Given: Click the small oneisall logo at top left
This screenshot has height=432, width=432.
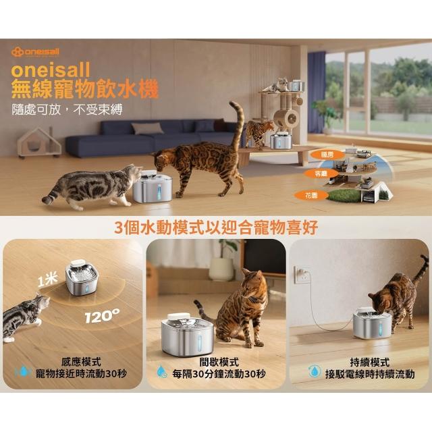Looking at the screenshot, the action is [x=35, y=52].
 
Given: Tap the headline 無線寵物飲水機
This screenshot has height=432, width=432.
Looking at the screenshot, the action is [x=85, y=88].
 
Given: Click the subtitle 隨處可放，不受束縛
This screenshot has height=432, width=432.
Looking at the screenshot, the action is [x=67, y=110].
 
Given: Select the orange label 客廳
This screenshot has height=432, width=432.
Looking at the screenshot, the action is [x=321, y=173].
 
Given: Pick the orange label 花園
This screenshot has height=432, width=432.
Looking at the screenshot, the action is [x=311, y=196].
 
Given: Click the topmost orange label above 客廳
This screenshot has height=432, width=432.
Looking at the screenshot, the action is [x=327, y=155].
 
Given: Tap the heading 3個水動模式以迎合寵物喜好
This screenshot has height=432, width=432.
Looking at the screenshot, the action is [x=216, y=227].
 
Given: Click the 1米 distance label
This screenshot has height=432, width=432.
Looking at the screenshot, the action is [x=48, y=281].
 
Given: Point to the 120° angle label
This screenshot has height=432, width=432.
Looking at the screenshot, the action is [x=102, y=316].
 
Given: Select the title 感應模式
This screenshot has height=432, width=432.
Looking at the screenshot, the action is [x=81, y=362].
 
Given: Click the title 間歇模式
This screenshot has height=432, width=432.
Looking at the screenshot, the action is [x=219, y=362].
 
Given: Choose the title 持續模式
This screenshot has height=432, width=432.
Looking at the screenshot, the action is [x=370, y=362].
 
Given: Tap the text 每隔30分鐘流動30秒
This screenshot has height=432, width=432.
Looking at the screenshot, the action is [x=219, y=374].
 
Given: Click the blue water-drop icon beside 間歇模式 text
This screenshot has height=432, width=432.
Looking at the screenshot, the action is [x=162, y=371].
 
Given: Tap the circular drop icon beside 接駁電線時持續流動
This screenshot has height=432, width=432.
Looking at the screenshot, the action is [x=315, y=371].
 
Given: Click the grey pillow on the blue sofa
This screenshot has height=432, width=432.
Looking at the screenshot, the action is [x=147, y=128].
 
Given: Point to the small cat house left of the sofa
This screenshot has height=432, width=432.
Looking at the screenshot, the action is [x=39, y=143].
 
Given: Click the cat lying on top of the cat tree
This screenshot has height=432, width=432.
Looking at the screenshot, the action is [x=277, y=85].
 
